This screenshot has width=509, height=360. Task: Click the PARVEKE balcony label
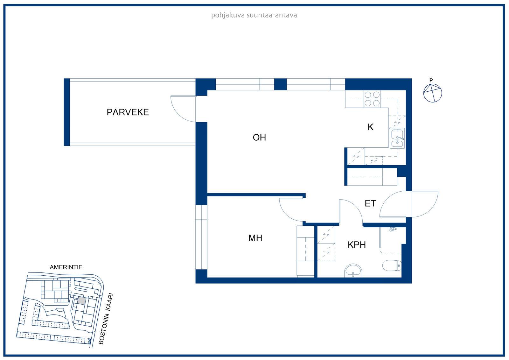(128, 112)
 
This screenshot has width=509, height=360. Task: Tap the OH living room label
(259, 138)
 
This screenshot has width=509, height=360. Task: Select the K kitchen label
(370, 127)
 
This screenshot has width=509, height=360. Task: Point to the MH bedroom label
(255, 238)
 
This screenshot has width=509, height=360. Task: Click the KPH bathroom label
(357, 245)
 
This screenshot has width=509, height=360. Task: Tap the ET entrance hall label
(370, 203)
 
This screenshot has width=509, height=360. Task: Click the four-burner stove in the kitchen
(372, 99)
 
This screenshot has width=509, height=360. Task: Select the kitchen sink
(397, 138)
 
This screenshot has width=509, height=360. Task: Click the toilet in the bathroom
(392, 265)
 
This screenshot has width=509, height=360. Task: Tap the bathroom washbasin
(353, 271)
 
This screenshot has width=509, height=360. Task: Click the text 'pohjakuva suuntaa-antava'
(254, 16)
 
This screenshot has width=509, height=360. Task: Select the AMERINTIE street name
(66, 267)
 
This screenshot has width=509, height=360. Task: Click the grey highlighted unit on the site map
(82, 301)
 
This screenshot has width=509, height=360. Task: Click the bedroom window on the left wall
(201, 237)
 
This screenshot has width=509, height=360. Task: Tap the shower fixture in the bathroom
(393, 229)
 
